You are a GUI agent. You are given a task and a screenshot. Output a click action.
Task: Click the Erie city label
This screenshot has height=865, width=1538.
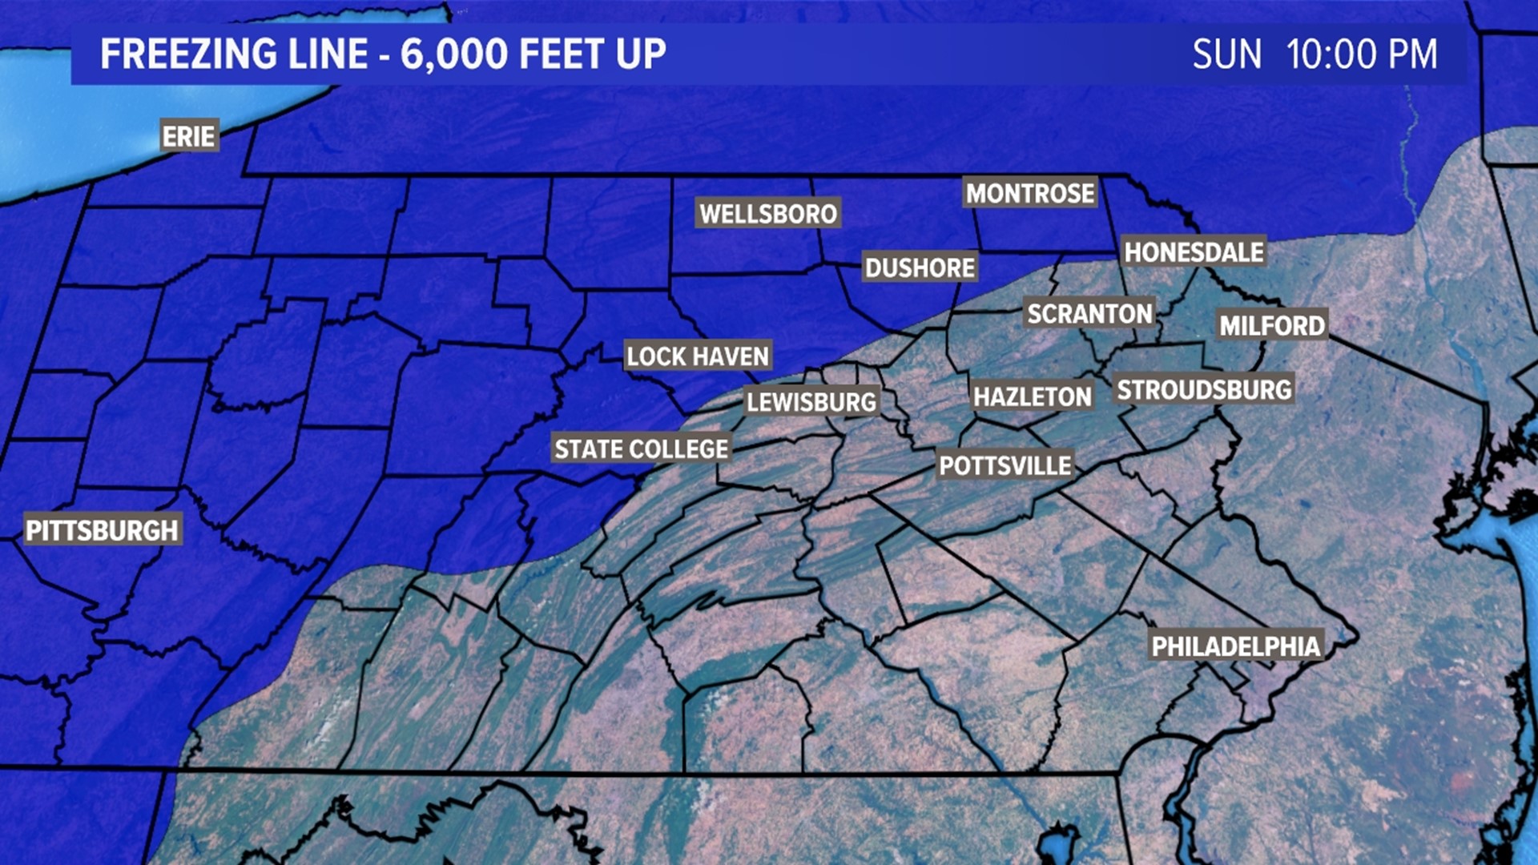(x=189, y=136)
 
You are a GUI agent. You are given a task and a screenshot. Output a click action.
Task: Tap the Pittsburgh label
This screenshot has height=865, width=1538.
(x=103, y=529)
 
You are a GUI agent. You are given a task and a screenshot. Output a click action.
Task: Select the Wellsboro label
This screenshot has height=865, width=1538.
(x=767, y=213)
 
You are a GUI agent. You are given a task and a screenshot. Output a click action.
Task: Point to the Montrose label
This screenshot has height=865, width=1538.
(x=1029, y=193)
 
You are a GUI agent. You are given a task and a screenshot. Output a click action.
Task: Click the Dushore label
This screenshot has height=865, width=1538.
(x=920, y=268)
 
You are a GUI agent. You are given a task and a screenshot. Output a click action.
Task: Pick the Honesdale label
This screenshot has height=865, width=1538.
(x=1194, y=252)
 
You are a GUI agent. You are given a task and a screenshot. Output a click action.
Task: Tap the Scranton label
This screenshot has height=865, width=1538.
(x=1089, y=314)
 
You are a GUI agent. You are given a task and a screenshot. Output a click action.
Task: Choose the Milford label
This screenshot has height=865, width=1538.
(x=1272, y=325)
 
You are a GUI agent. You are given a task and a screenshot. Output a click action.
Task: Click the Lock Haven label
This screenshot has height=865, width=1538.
(x=697, y=356)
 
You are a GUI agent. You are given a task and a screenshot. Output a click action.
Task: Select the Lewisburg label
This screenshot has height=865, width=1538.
(x=811, y=401)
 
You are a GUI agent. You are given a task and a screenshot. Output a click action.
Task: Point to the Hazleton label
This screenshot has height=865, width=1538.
(x=1032, y=396)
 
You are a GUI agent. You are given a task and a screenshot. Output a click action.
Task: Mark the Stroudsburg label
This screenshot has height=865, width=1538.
(x=1204, y=390)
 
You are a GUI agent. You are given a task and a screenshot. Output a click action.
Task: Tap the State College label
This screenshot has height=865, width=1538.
(x=641, y=449)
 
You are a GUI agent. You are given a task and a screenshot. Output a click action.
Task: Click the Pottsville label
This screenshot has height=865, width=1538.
(x=1005, y=465)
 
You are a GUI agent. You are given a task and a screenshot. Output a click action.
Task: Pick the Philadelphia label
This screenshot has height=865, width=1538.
(x=1235, y=646)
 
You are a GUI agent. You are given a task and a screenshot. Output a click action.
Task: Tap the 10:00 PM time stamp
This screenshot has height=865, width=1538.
(x=1361, y=54)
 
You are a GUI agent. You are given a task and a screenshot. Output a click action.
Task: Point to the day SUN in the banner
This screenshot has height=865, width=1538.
(x=1226, y=54)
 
